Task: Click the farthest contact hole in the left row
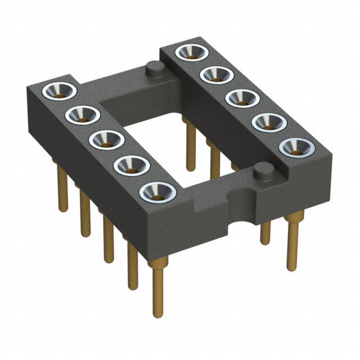point(58,91)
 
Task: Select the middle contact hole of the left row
point(104,139)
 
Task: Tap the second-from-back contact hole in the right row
point(214,74)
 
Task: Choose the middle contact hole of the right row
point(240,97)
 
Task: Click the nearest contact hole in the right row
point(294,147)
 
